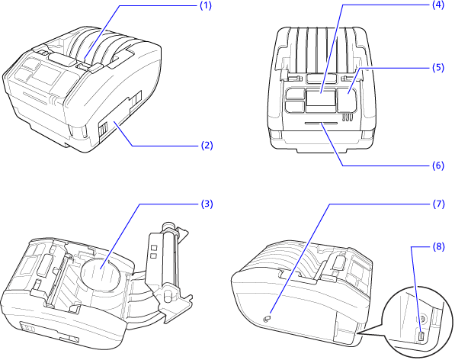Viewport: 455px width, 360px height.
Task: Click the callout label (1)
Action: (x=205, y=5)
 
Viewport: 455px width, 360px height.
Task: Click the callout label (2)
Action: (x=205, y=143)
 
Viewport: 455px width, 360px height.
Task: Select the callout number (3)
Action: (x=205, y=204)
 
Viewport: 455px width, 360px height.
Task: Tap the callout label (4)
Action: (x=437, y=5)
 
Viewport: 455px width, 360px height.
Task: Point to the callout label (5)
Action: (x=437, y=67)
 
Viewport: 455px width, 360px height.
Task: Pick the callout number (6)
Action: (x=437, y=165)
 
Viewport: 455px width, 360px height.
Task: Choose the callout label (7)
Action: (x=437, y=204)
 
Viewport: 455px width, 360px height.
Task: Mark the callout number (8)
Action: (x=437, y=246)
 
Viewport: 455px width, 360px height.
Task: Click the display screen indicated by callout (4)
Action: (x=321, y=98)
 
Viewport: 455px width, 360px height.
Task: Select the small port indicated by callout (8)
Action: (x=420, y=336)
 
